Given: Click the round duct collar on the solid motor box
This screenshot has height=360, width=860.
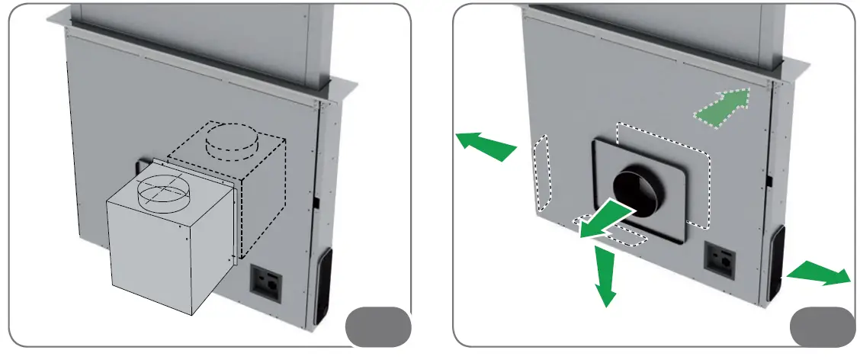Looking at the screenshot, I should (161, 191).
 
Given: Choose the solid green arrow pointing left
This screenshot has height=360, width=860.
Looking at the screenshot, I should (486, 145).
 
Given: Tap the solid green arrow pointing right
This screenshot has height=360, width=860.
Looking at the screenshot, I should (820, 275).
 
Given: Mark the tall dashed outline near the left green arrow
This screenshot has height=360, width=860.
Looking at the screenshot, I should (542, 173).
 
